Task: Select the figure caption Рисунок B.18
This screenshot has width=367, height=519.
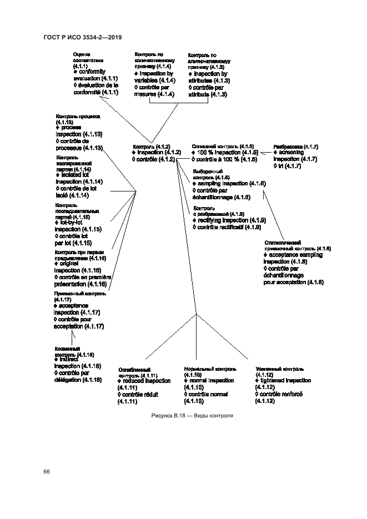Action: click(x=191, y=415)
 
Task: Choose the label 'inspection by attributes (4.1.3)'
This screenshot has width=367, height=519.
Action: click(x=209, y=77)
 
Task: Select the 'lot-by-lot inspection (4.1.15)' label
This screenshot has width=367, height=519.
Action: click(x=77, y=226)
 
